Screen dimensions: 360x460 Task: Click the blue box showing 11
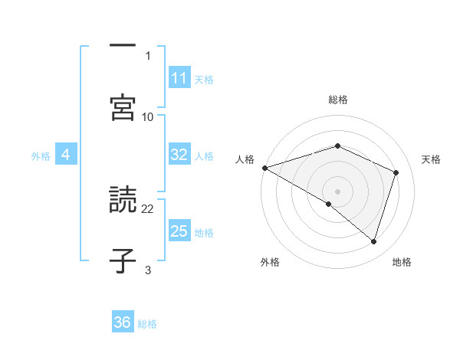[x=179, y=78]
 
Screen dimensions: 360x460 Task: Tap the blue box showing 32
[x=179, y=155]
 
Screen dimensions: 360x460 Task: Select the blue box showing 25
[x=179, y=231]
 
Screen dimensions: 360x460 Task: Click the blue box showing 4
[x=66, y=155]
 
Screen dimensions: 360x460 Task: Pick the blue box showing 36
[x=123, y=322]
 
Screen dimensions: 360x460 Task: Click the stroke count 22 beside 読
[x=148, y=208]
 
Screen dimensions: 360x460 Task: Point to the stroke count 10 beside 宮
[x=148, y=116]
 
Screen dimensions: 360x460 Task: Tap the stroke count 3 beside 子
[x=148, y=270]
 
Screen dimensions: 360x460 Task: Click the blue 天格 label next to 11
[x=204, y=79]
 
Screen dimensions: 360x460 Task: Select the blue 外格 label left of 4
[x=41, y=155]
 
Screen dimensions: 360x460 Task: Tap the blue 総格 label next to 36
[x=147, y=323]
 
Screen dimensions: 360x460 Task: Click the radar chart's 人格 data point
[x=264, y=168]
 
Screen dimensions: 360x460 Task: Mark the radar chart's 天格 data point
[x=396, y=172]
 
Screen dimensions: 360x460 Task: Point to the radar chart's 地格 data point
[x=373, y=242]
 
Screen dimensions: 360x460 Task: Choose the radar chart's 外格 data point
[x=329, y=204]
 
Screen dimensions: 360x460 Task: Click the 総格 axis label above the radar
[x=338, y=100]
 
